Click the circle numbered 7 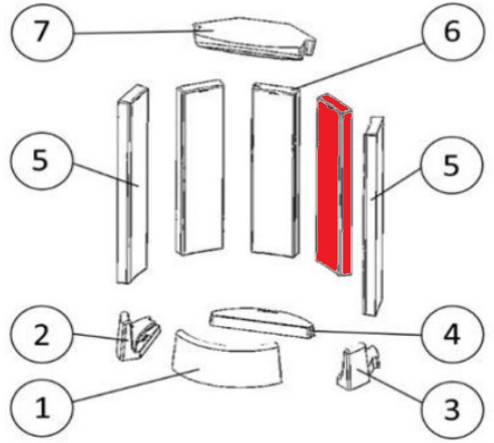[x=42, y=31]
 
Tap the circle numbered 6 [x=452, y=31]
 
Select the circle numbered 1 [x=42, y=408]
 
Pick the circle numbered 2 [x=42, y=335]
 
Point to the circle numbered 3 [x=452, y=408]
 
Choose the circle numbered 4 [x=452, y=335]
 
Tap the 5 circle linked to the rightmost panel [x=452, y=166]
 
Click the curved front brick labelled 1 [x=226, y=359]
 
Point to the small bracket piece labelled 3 [x=358, y=367]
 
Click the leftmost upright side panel [x=132, y=184]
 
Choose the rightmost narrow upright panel [x=374, y=216]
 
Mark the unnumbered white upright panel [x=200, y=167]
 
